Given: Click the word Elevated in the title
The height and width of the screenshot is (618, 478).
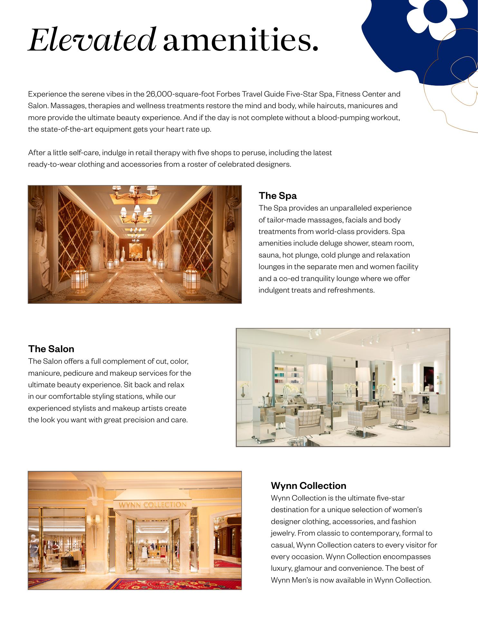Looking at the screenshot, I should [x=92, y=40].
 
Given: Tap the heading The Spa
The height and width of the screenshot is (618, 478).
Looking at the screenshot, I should [x=278, y=196].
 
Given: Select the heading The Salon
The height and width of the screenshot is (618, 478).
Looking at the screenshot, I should [x=51, y=349].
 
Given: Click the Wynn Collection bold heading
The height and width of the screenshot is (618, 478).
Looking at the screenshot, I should [x=309, y=486].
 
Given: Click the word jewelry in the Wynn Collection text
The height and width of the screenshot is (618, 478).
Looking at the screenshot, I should [x=283, y=533].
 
